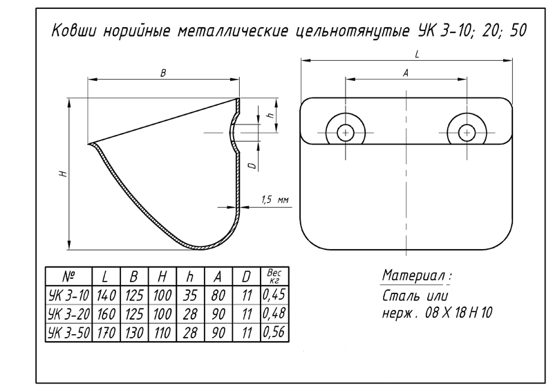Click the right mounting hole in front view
pyautogui.click(x=465, y=131)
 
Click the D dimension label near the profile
pyautogui.click(x=253, y=163)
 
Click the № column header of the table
pyautogui.click(x=68, y=276)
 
